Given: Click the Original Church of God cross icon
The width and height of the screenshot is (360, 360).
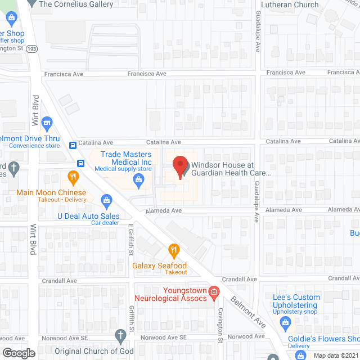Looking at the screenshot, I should tap(120, 336).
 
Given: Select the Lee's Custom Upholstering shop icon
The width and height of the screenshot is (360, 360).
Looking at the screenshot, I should tap(285, 322).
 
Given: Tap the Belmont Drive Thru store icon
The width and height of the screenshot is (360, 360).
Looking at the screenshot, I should tap(48, 122).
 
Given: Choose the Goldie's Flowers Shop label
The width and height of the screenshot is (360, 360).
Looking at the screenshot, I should tap(331, 339).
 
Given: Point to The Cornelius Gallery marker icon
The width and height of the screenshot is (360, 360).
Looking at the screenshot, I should tap(33, 3).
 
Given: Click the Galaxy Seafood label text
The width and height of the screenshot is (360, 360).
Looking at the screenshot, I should tap(159, 265).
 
